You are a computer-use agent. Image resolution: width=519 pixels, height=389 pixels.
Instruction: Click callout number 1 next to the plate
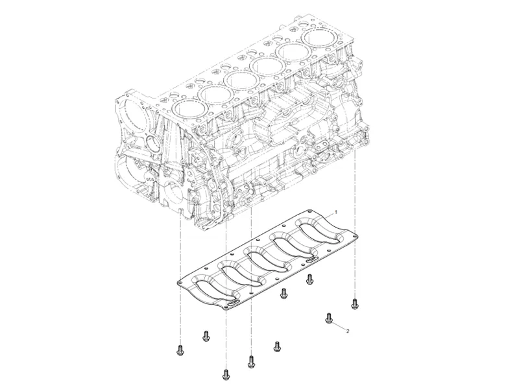[x=335, y=212]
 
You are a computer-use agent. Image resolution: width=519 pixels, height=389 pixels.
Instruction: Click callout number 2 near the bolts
[x=348, y=331]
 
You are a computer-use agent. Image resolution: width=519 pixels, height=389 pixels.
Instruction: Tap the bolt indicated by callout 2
[x=330, y=318]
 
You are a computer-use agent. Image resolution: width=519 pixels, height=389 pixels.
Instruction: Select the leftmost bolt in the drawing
[x=180, y=350]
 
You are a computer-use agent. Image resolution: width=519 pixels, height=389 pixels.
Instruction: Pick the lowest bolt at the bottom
[x=226, y=374]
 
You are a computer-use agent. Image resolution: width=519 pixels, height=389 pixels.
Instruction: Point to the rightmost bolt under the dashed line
[x=354, y=302]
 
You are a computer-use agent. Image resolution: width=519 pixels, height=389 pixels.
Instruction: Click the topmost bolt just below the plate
[x=309, y=278]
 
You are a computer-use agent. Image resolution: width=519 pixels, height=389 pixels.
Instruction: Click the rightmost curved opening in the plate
[x=317, y=231]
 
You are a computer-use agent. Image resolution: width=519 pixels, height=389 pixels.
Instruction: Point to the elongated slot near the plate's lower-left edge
[x=230, y=301]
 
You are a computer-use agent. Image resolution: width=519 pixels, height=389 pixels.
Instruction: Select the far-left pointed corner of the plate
[x=179, y=283]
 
